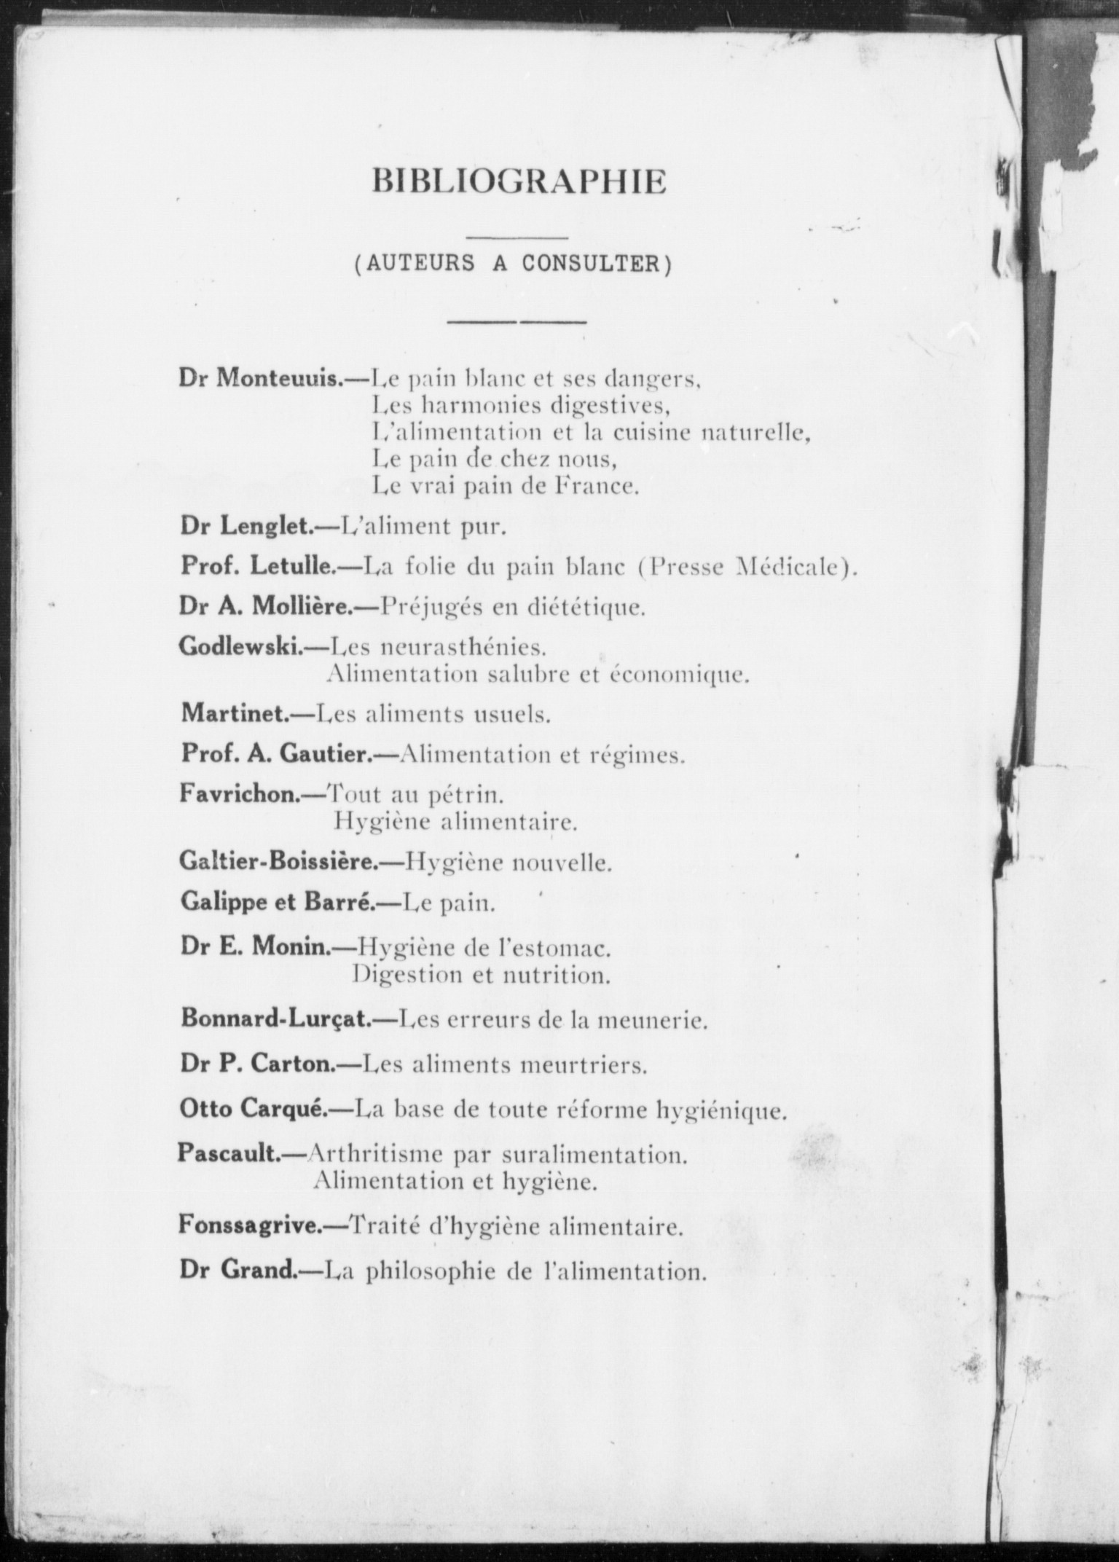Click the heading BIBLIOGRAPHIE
[x=519, y=182]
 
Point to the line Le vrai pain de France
[x=506, y=486]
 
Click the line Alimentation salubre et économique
[x=538, y=675]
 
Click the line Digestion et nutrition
[x=481, y=975]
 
